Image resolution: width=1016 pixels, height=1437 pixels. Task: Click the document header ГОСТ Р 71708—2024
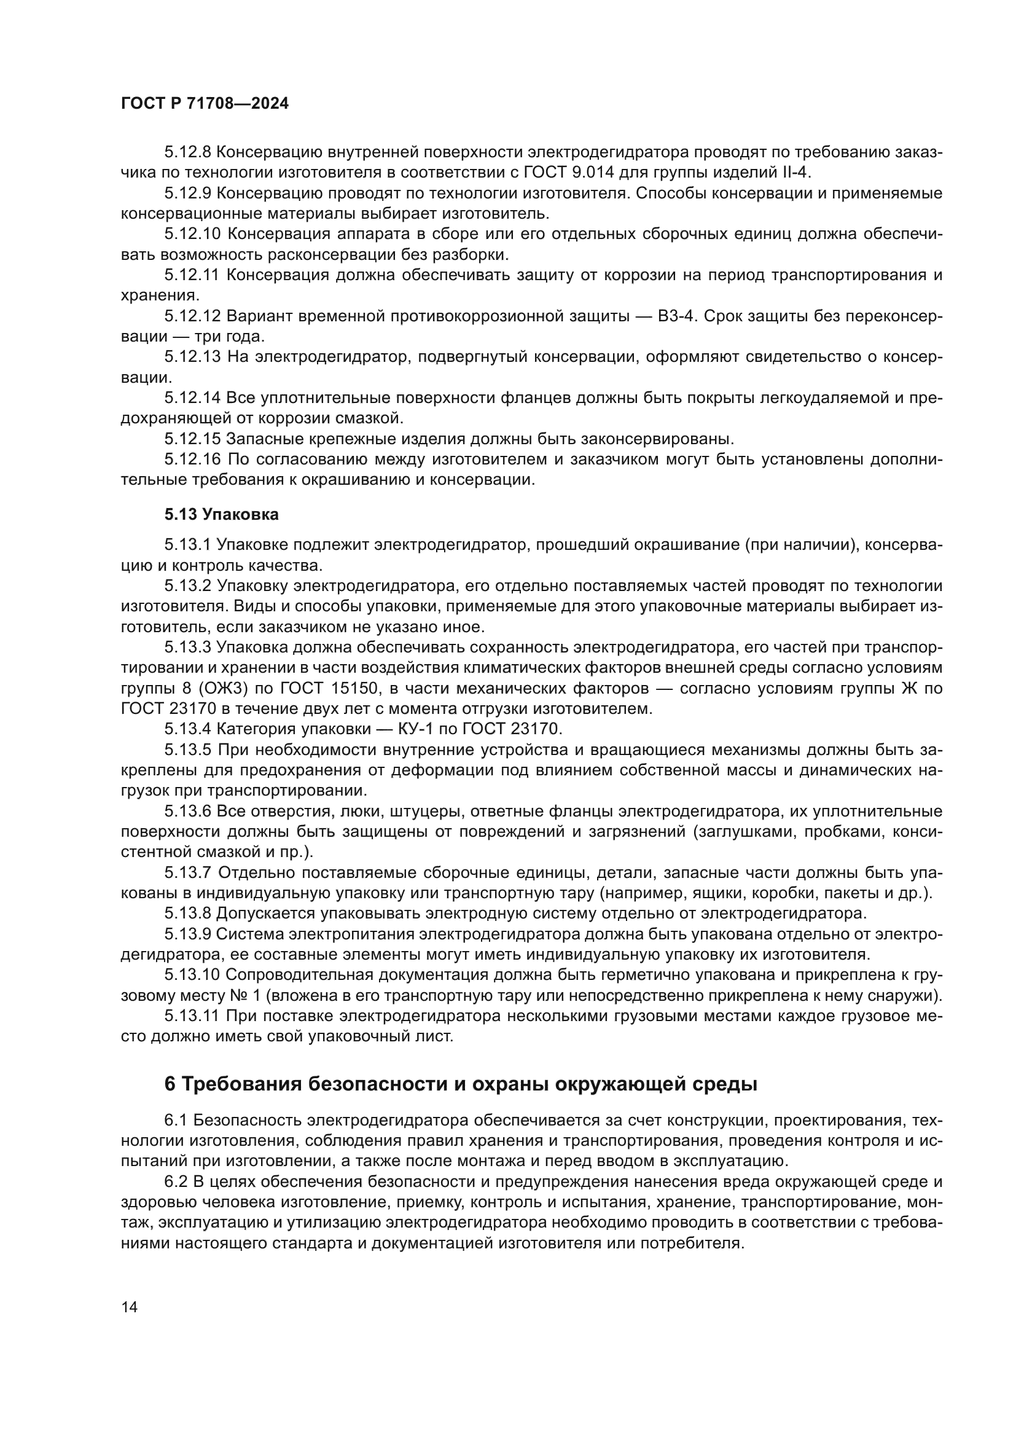click(x=205, y=104)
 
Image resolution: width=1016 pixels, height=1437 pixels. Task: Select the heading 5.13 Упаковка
click(x=222, y=514)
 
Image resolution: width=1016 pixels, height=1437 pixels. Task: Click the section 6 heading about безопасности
click(x=461, y=1084)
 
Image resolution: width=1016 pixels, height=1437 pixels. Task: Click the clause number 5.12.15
click(x=193, y=438)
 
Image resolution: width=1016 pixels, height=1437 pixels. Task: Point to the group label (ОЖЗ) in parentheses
click(x=230, y=689)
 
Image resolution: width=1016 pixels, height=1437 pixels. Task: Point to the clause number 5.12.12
click(x=193, y=316)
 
